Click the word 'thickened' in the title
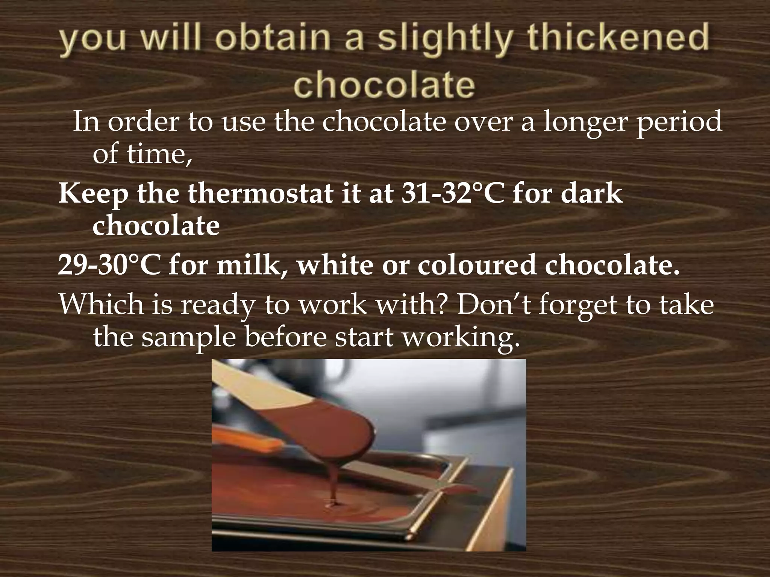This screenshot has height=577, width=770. click(x=618, y=38)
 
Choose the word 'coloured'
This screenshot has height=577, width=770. click(x=477, y=265)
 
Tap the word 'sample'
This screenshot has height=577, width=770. click(x=188, y=337)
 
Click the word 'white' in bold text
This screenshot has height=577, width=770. click(x=335, y=265)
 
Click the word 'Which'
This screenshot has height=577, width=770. click(x=102, y=304)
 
